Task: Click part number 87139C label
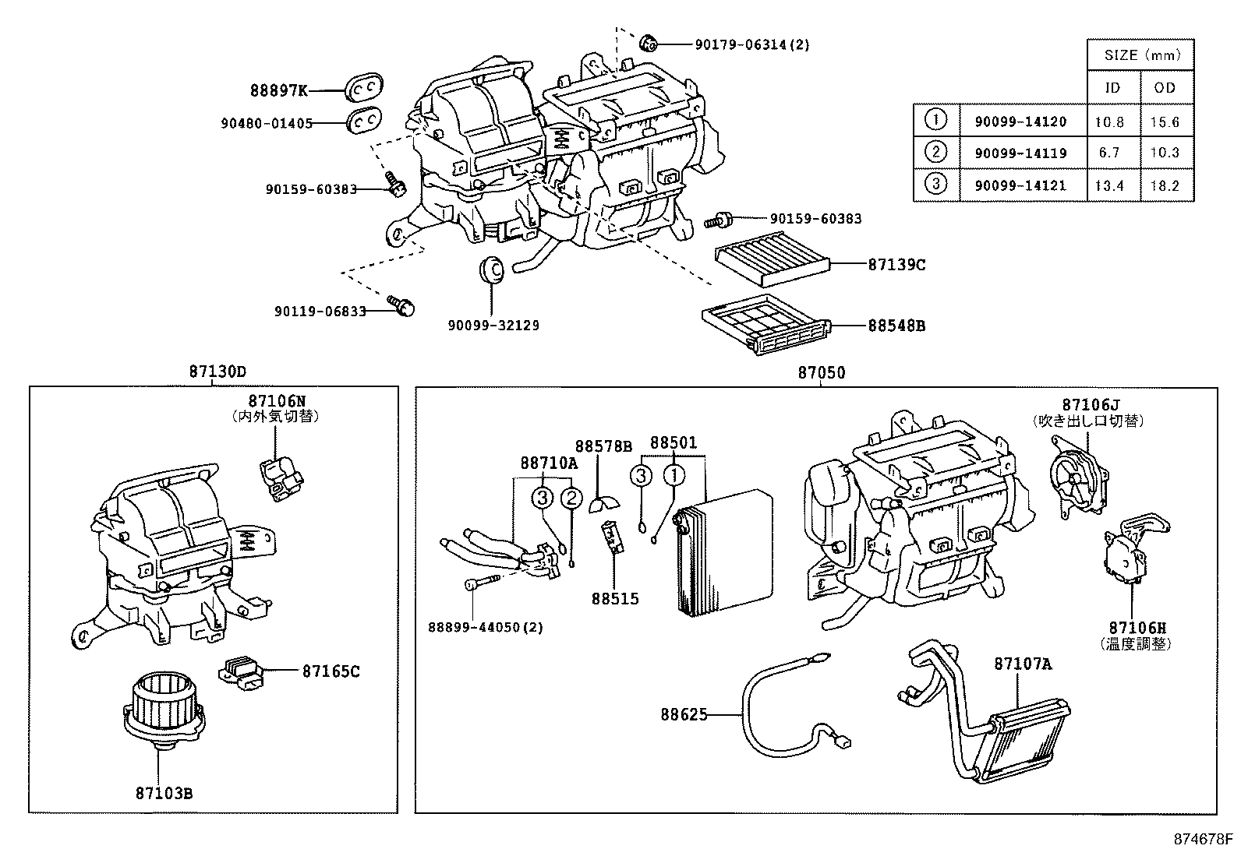pyautogui.click(x=896, y=265)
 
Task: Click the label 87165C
pyautogui.click(x=331, y=671)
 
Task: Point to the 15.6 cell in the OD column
pyautogui.click(x=1165, y=122)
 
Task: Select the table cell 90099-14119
pyautogui.click(x=1020, y=153)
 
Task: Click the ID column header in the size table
pyautogui.click(x=1112, y=87)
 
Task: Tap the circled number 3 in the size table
pyautogui.click(x=935, y=184)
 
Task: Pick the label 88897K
pyautogui.click(x=278, y=90)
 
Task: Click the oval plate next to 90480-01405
pyautogui.click(x=362, y=121)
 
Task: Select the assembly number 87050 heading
pyautogui.click(x=821, y=373)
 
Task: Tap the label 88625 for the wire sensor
pyautogui.click(x=684, y=713)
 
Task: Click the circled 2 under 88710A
pyautogui.click(x=571, y=497)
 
